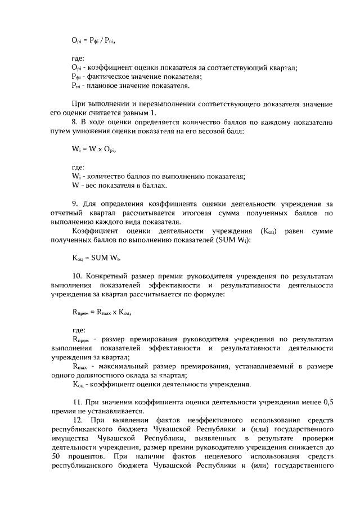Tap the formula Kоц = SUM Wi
[97, 258]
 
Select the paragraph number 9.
[75, 203]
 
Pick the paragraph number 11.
[78, 402]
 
